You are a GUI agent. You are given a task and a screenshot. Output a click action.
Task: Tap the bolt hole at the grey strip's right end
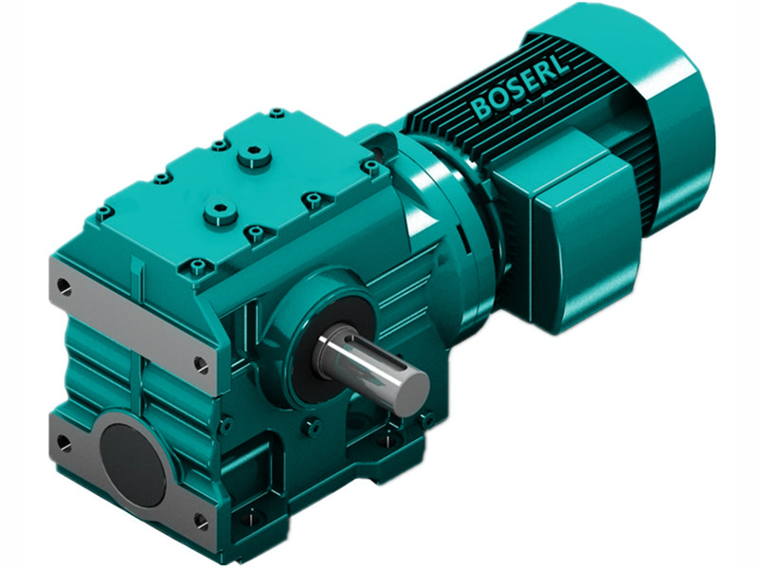[200, 363]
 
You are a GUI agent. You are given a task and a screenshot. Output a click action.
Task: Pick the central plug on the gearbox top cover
[220, 210]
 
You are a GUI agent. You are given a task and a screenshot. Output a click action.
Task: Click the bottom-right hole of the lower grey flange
[200, 521]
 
